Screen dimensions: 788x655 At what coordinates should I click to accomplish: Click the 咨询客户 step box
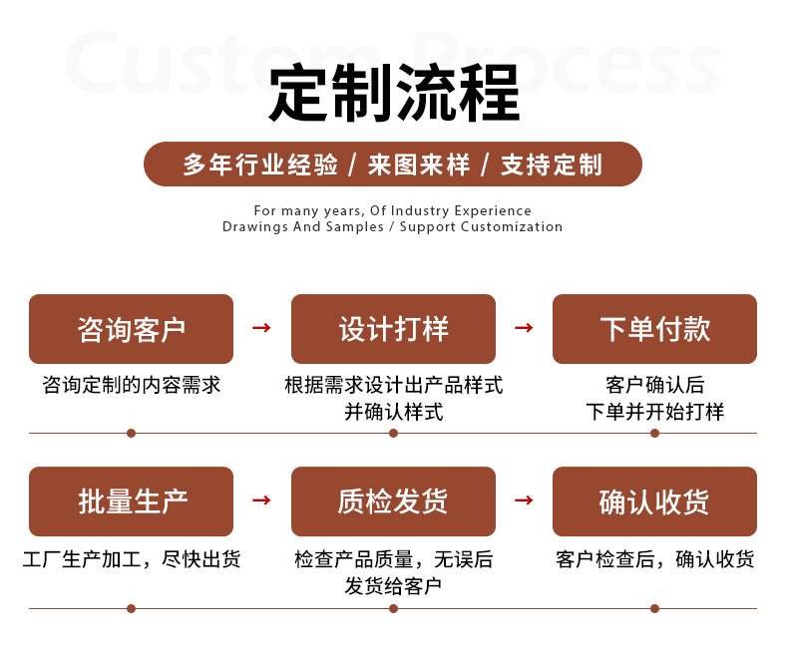click(x=131, y=329)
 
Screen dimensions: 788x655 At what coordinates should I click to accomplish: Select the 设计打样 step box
click(x=393, y=329)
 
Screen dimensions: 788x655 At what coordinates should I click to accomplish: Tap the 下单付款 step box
click(x=654, y=329)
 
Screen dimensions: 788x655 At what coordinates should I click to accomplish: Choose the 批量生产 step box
click(x=131, y=501)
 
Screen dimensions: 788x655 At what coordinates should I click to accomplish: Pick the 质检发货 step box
click(x=393, y=501)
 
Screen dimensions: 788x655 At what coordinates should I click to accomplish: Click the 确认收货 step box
click(x=654, y=501)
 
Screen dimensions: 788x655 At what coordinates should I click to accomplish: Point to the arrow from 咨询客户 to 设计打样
click(x=261, y=328)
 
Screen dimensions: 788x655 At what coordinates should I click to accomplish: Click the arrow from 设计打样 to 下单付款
click(x=524, y=328)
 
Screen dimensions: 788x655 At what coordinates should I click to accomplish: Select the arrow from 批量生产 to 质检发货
click(x=261, y=500)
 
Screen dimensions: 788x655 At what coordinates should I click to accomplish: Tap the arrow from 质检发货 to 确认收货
click(x=524, y=500)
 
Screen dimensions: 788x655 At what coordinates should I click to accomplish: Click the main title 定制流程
click(x=394, y=94)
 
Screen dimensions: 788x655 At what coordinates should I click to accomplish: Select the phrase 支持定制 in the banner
click(x=552, y=164)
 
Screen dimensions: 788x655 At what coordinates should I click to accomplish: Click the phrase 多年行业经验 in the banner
click(x=260, y=164)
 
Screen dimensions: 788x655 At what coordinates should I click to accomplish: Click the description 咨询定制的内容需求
click(x=131, y=386)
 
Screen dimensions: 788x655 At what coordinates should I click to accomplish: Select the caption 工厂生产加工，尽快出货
click(x=131, y=559)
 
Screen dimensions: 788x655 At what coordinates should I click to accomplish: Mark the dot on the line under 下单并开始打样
click(x=654, y=433)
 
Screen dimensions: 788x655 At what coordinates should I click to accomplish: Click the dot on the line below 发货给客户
click(x=393, y=607)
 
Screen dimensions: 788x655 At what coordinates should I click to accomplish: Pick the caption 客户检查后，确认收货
click(x=654, y=559)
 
